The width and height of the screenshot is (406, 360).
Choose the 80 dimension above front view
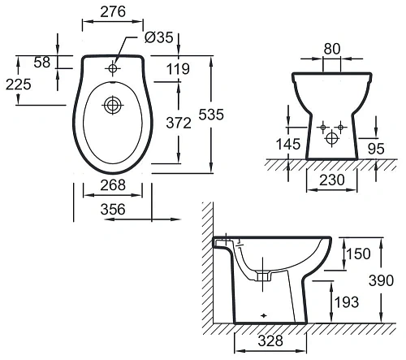point(331,48)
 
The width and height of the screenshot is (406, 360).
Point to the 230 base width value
point(331,179)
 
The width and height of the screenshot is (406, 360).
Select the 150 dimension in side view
point(356,255)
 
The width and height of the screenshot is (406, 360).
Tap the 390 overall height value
point(392,280)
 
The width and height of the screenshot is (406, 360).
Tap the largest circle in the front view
point(331,139)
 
